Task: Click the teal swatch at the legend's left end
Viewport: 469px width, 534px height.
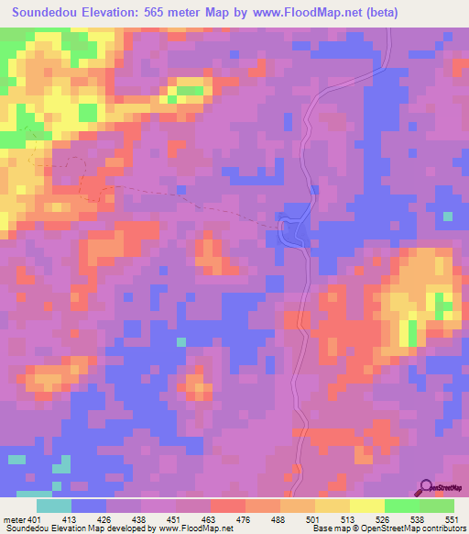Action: click(x=54, y=506)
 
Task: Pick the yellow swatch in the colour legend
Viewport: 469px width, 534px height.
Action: click(x=366, y=506)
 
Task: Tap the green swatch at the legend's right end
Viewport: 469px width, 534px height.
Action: click(x=436, y=506)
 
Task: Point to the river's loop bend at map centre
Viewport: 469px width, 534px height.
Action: click(x=291, y=229)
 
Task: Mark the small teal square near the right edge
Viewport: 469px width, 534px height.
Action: click(x=447, y=217)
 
